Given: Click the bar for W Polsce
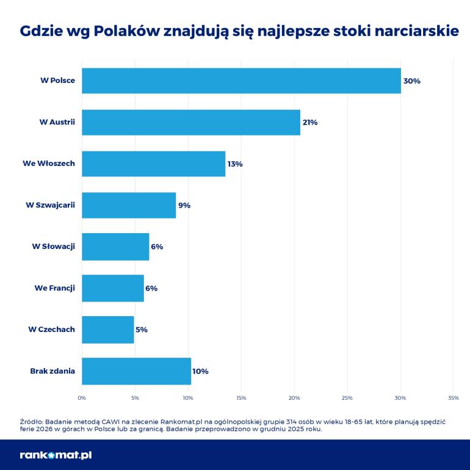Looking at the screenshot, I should tap(241, 81).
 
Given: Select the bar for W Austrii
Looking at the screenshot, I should tap(191, 122).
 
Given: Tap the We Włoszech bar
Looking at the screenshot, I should tap(153, 164).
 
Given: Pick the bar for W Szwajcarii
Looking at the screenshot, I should tap(129, 205).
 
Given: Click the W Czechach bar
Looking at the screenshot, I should tap(107, 330).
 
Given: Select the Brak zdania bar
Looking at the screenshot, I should tap(136, 371).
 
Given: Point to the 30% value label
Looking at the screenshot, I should tap(412, 81).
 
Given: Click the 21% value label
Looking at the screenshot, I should tap(310, 122).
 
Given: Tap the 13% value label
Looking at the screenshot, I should tap(235, 164).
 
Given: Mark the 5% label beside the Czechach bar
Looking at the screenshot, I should tap(142, 330).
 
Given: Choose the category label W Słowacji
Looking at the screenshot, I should tap(54, 247).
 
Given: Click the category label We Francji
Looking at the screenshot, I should tap(54, 288).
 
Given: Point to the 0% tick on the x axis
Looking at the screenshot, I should tap(82, 398).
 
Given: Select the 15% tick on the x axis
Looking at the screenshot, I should tap(241, 398).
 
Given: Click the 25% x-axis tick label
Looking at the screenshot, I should tap(347, 398).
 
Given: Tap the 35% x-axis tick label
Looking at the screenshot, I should tap(453, 398).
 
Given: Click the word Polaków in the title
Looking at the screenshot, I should tap(127, 31).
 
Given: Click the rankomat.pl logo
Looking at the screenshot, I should tap(56, 455).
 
